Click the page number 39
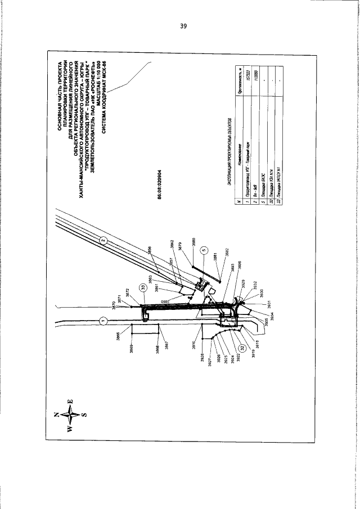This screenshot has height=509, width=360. [x=183, y=25]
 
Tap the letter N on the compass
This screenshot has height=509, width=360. [x=56, y=415]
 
